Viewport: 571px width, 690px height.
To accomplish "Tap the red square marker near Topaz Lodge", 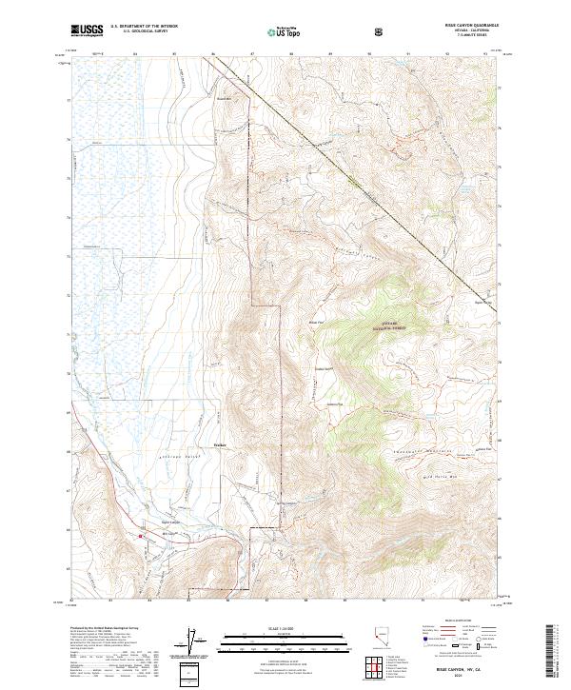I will pos(141,537).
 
